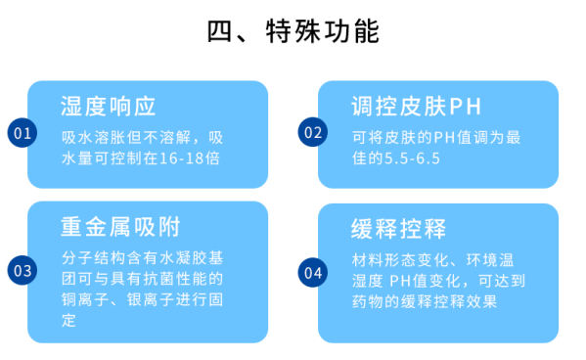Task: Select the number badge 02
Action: (312, 133)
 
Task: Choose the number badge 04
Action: (312, 271)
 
